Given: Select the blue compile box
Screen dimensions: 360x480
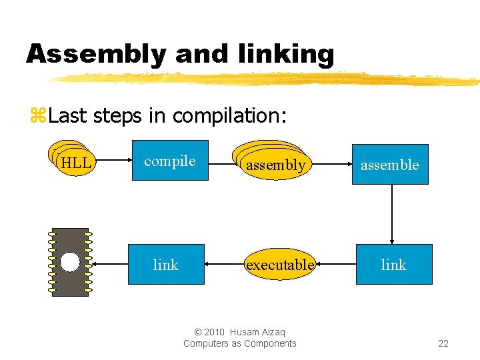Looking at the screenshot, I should [170, 161].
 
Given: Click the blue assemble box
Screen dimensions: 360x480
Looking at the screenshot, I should [390, 164].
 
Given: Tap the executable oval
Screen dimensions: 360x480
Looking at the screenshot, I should [279, 265].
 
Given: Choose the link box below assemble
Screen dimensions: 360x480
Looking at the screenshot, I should [393, 265].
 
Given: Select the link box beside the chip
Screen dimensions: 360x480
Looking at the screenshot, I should [166, 265].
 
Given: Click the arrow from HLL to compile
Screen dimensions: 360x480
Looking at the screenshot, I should [113, 161].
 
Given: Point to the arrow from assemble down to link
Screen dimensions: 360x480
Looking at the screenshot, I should [392, 214].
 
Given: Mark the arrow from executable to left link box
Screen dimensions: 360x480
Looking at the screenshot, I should [225, 265].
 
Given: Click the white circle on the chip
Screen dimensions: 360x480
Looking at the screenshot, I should [70, 262].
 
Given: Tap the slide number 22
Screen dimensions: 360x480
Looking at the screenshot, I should [443, 343].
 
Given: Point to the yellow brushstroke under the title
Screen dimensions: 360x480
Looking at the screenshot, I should [267, 79].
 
